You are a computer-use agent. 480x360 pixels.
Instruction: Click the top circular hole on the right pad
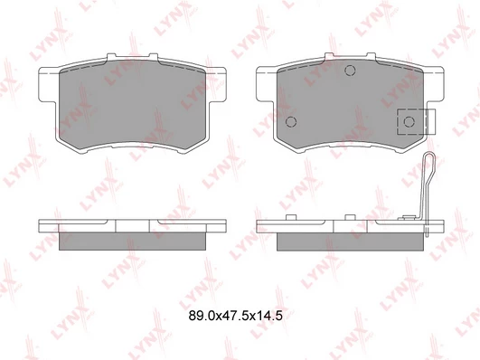[350, 71]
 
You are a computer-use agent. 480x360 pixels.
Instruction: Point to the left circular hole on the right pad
[291, 121]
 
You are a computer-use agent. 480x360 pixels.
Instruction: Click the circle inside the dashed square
[409, 121]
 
